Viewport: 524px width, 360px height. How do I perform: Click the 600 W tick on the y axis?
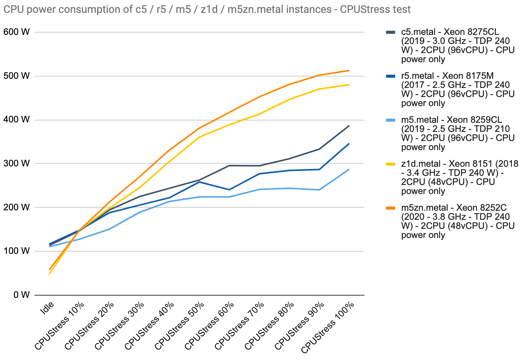(x=16, y=32)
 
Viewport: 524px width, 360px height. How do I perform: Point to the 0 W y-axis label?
(x=21, y=295)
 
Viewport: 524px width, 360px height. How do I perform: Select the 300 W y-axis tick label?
(x=16, y=163)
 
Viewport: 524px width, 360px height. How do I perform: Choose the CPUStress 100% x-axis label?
(x=328, y=327)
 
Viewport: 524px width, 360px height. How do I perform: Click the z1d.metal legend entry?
(x=455, y=177)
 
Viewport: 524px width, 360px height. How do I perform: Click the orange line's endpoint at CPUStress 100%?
(x=349, y=70)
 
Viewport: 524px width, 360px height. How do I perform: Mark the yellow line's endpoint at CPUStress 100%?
(x=349, y=85)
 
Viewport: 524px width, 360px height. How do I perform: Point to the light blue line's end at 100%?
(x=349, y=169)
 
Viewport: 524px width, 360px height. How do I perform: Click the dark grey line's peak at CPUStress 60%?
(x=229, y=166)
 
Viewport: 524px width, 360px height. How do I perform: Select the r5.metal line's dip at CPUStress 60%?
(x=229, y=189)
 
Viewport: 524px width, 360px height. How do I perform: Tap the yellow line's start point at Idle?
(x=50, y=274)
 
